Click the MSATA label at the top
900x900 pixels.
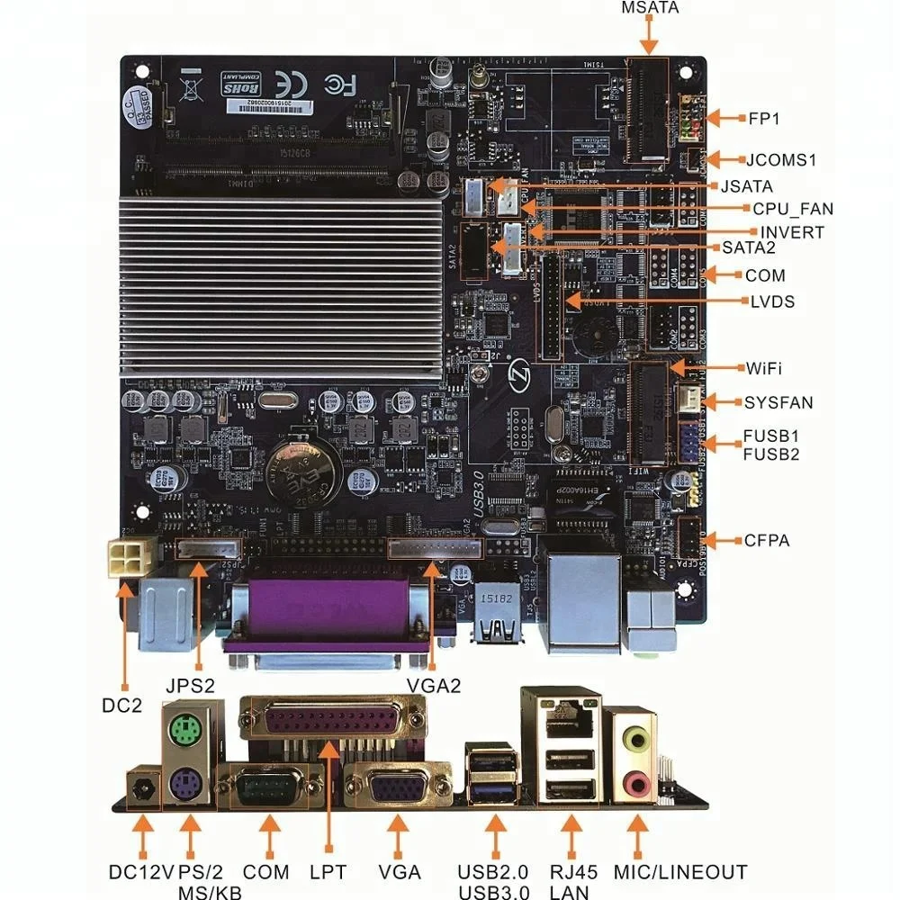650,8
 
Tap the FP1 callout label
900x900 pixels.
764,118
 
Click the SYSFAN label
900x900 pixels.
778,402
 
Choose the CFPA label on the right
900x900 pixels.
767,541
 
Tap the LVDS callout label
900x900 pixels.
772,301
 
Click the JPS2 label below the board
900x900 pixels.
190,685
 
